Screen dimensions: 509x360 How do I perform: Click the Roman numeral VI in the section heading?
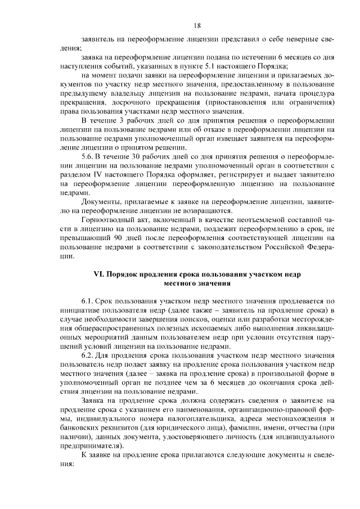(97, 273)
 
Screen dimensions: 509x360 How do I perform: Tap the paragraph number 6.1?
(88, 301)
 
